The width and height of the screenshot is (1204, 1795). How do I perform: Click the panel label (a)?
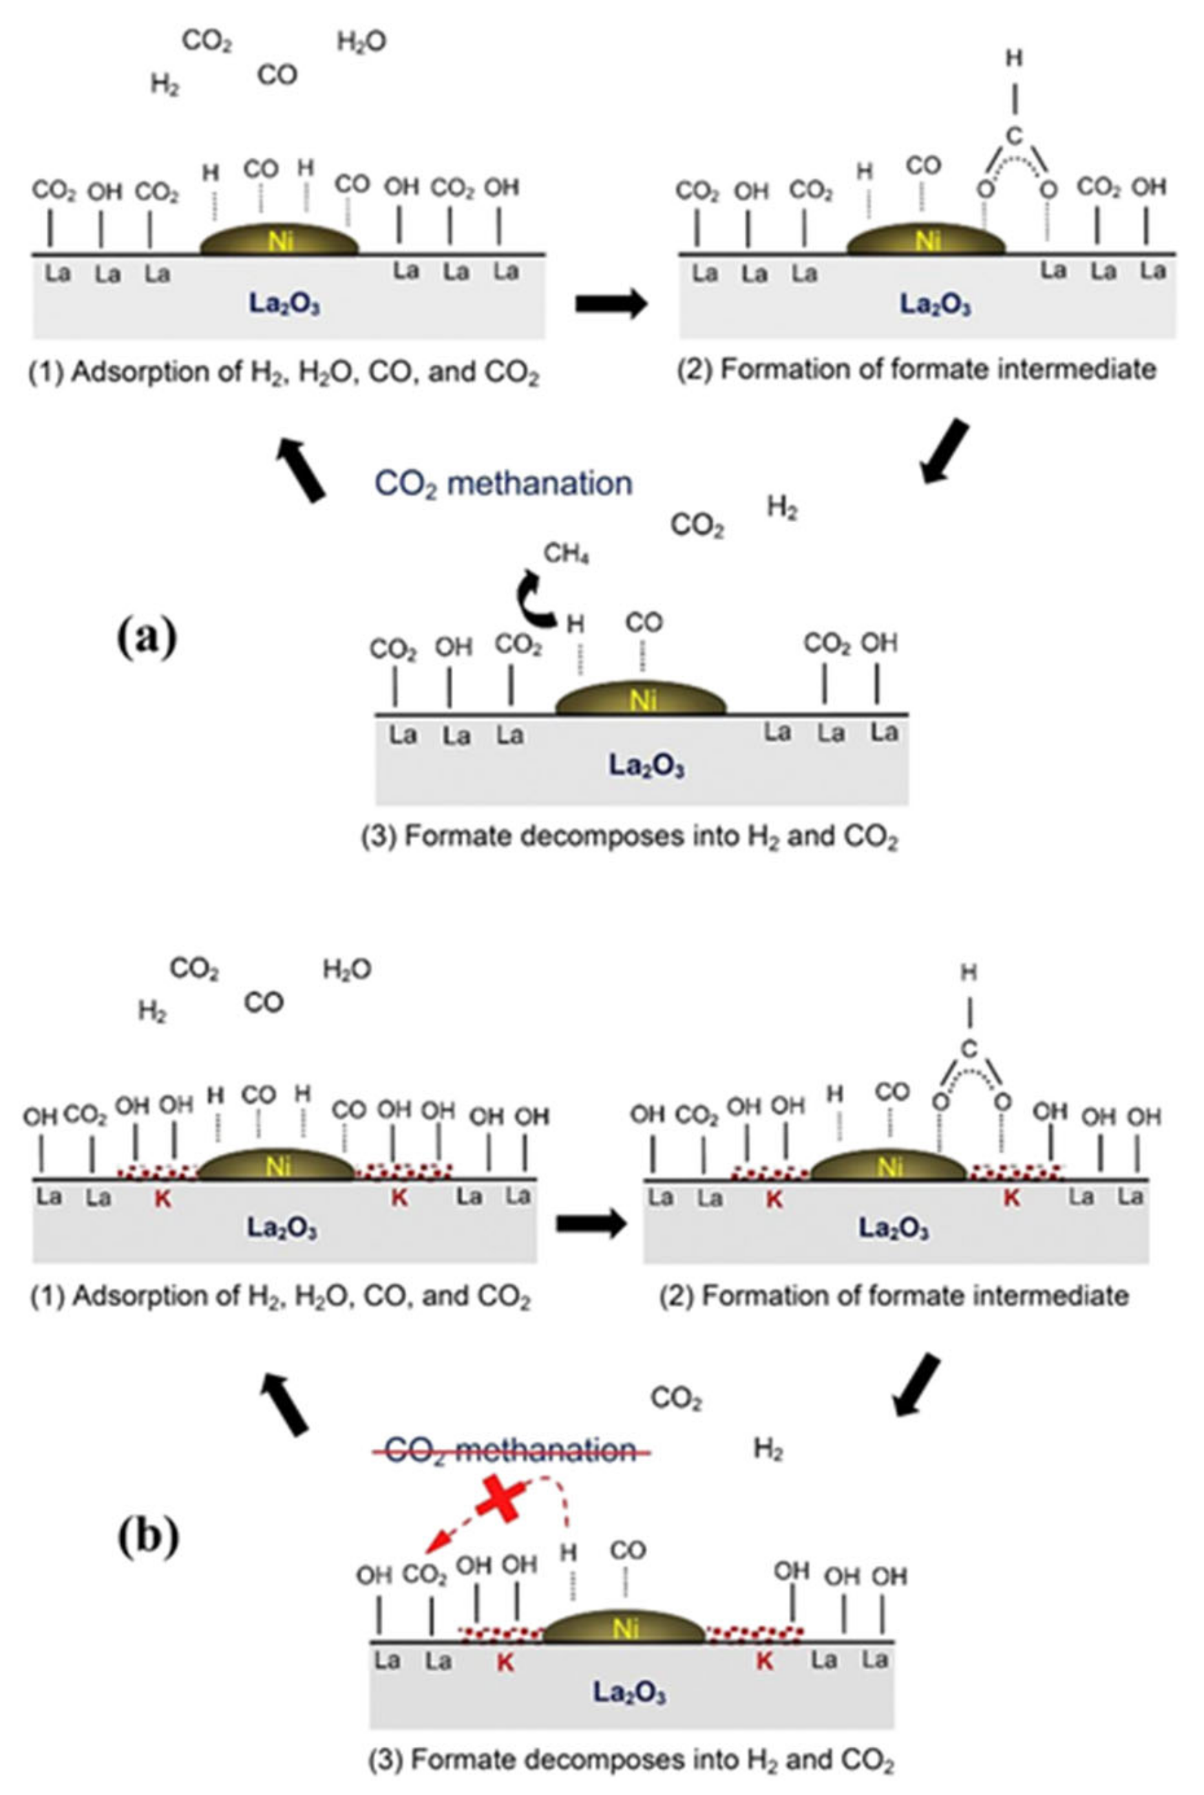[x=147, y=636]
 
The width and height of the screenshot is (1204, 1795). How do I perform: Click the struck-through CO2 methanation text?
[x=511, y=1450]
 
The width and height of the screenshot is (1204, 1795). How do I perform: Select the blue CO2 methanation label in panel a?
[x=503, y=484]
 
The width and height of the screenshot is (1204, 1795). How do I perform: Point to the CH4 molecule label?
[x=566, y=553]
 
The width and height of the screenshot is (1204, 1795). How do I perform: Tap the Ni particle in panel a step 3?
[x=641, y=698]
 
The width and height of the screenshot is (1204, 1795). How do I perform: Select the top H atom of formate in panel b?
[x=969, y=973]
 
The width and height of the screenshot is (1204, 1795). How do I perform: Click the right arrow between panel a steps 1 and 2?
[x=611, y=304]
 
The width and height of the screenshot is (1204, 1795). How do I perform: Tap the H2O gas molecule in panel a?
[x=361, y=42]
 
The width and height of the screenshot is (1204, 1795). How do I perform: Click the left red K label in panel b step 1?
[x=162, y=1199]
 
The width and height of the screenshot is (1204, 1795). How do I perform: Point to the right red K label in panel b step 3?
[x=764, y=1662]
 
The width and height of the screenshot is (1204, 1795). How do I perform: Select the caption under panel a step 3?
[x=630, y=837]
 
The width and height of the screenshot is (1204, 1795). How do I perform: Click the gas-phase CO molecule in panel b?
[x=264, y=1002]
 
